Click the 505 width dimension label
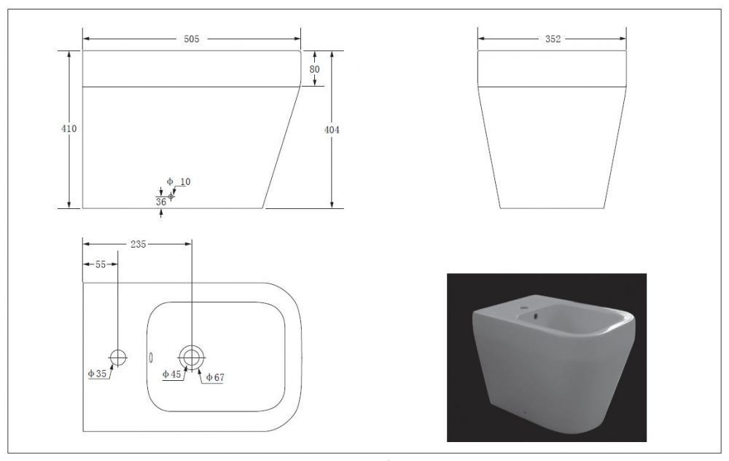(191, 39)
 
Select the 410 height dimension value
(69, 129)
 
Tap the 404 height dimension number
(332, 130)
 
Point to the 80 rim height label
(314, 69)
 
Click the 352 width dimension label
(553, 39)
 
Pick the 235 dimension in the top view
(138, 244)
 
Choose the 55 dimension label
(101, 264)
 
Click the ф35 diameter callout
(97, 374)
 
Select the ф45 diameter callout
(171, 374)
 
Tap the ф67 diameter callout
(215, 377)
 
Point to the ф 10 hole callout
(179, 181)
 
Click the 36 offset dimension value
(161, 202)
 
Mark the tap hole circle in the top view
(117, 358)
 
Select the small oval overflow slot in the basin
(151, 358)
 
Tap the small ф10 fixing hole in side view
(171, 197)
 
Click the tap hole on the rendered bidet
(524, 307)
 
